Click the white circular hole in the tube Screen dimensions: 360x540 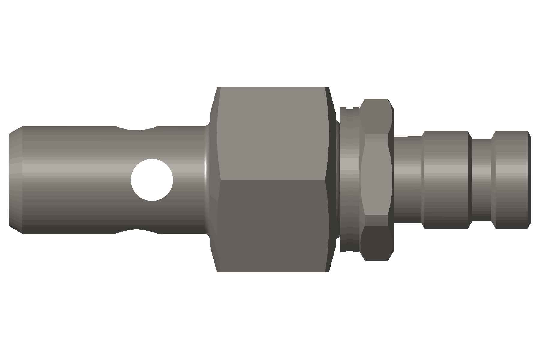pos(152,180)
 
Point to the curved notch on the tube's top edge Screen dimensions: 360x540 pos(137,129)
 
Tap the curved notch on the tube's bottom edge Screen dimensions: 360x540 pos(137,231)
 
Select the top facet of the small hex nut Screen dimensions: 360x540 pos(376,115)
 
